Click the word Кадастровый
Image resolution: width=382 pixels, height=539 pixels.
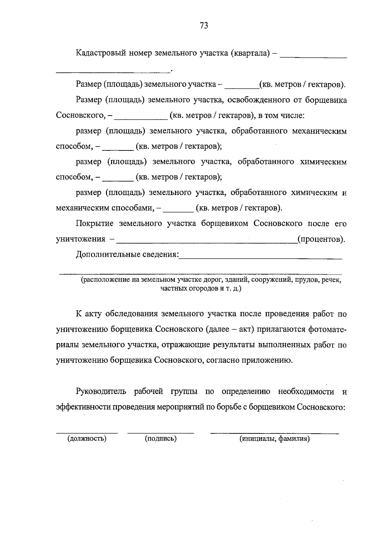[x=101, y=53]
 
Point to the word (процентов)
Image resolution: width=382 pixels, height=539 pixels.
[x=321, y=239]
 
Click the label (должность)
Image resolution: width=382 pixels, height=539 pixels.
[x=87, y=439]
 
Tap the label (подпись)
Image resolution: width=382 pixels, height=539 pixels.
[x=161, y=439]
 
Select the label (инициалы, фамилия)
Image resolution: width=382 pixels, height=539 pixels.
[x=275, y=439]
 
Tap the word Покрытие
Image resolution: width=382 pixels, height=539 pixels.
[x=95, y=224]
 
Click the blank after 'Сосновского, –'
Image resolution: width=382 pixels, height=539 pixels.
[x=141, y=119]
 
